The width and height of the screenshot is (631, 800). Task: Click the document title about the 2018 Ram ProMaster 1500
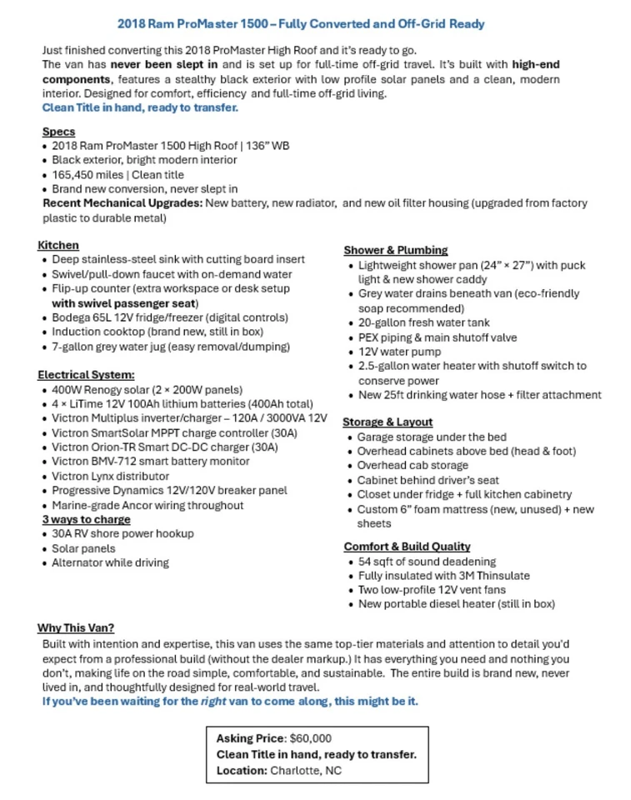[301, 23]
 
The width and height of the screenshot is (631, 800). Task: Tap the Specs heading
[58, 132]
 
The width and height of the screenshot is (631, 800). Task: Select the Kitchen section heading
[58, 245]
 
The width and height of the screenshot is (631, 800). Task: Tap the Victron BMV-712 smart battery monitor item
[150, 462]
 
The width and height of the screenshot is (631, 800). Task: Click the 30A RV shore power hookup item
[123, 534]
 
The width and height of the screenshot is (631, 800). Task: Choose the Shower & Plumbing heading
[396, 250]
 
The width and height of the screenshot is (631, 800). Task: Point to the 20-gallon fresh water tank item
[423, 322]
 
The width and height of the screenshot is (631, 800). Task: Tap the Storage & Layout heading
[388, 422]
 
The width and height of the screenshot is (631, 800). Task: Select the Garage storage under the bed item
[432, 437]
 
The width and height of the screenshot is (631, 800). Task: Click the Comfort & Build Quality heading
[407, 547]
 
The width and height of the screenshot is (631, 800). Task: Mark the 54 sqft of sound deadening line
[427, 562]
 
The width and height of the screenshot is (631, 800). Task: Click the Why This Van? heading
[76, 627]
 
